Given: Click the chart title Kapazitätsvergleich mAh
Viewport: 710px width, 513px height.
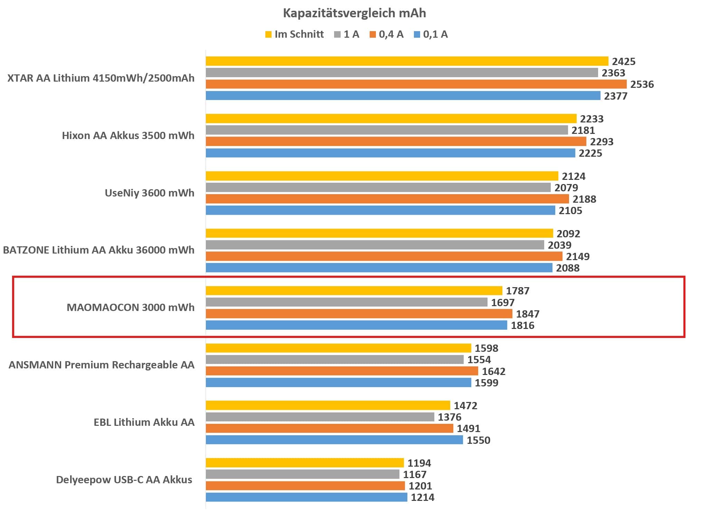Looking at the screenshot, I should [x=354, y=13].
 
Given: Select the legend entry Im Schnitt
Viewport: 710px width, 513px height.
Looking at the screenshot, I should [x=295, y=34].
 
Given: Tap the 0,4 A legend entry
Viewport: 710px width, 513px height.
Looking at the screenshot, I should [x=387, y=34].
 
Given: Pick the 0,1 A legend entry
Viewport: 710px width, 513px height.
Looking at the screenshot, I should [x=431, y=34].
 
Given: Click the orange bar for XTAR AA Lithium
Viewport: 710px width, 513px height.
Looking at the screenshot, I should [x=416, y=84].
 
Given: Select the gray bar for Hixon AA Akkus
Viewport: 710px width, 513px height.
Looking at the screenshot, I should [x=387, y=130].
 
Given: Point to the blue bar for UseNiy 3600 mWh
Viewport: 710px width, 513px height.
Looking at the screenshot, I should [x=380, y=210].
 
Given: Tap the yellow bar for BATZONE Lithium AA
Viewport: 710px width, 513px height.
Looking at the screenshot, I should [x=379, y=233].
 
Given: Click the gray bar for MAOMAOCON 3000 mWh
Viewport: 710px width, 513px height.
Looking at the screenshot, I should [x=347, y=302].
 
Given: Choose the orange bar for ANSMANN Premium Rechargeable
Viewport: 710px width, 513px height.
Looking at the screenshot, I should [x=342, y=371].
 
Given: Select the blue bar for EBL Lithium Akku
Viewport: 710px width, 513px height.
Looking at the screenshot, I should [x=334, y=440].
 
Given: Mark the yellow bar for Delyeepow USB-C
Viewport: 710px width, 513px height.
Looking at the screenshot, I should [x=305, y=463].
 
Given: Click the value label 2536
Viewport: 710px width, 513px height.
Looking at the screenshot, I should [x=642, y=84].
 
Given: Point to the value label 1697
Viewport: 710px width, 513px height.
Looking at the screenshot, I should [x=503, y=303].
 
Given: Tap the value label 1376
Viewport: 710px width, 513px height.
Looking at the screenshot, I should [x=449, y=417].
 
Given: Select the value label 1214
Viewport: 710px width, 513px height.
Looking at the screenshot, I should [x=423, y=497].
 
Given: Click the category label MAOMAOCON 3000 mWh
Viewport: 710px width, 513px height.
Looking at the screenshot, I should [x=130, y=308].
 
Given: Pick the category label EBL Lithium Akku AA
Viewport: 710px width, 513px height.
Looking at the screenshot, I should [x=144, y=422].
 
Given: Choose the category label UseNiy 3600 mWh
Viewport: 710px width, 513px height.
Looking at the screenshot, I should [x=149, y=193].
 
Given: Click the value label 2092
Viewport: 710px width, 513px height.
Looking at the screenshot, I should [x=568, y=234].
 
